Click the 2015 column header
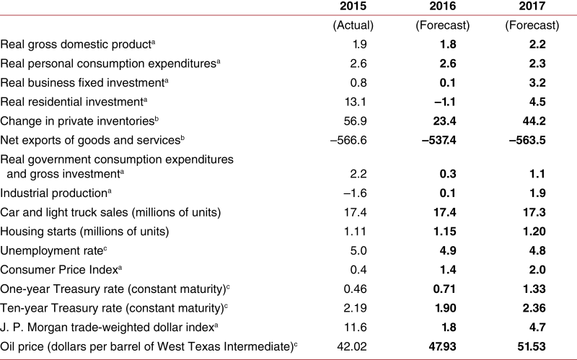(x=353, y=6)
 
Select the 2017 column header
(x=532, y=6)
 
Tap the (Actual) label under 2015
(x=353, y=25)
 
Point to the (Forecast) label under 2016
(x=443, y=25)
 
